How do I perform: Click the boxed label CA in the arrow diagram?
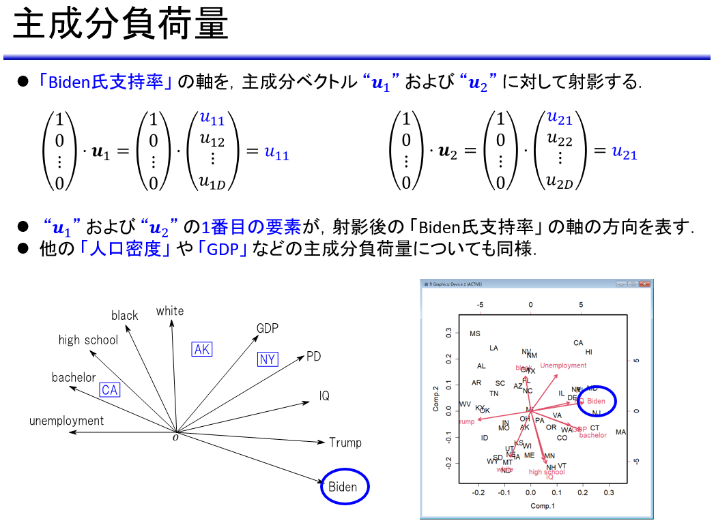point(110,390)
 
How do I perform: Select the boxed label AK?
point(202,350)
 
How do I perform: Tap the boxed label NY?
point(268,359)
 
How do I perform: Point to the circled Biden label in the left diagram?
point(343,486)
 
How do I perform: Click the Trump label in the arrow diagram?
point(345,443)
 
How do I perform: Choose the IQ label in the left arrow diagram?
point(324,395)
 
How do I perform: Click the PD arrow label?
point(313,356)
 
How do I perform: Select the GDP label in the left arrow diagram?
point(268,329)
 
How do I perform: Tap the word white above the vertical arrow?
point(170,311)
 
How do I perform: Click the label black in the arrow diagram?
point(125,315)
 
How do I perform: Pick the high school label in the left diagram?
point(88,340)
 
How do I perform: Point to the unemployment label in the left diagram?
point(67,421)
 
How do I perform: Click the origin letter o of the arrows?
point(175,437)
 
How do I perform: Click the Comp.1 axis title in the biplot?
point(543,505)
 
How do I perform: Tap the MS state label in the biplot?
point(475,334)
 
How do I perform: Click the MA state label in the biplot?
point(620,432)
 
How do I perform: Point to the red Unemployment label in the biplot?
point(563,366)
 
